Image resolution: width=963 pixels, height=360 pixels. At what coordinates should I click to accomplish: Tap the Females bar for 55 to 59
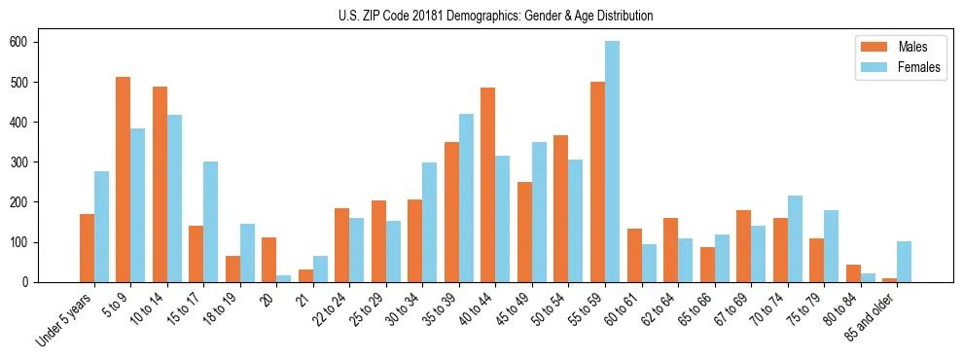612,162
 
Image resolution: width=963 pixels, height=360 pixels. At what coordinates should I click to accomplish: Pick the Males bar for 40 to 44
487,183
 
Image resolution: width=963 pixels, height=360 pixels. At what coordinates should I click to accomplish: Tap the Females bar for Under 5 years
101,227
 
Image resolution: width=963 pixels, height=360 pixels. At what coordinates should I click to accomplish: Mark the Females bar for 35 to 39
466,198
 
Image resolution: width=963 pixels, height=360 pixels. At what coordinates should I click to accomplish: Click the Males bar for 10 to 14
160,185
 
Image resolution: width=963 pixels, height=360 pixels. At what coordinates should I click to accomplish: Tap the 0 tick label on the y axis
30,282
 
